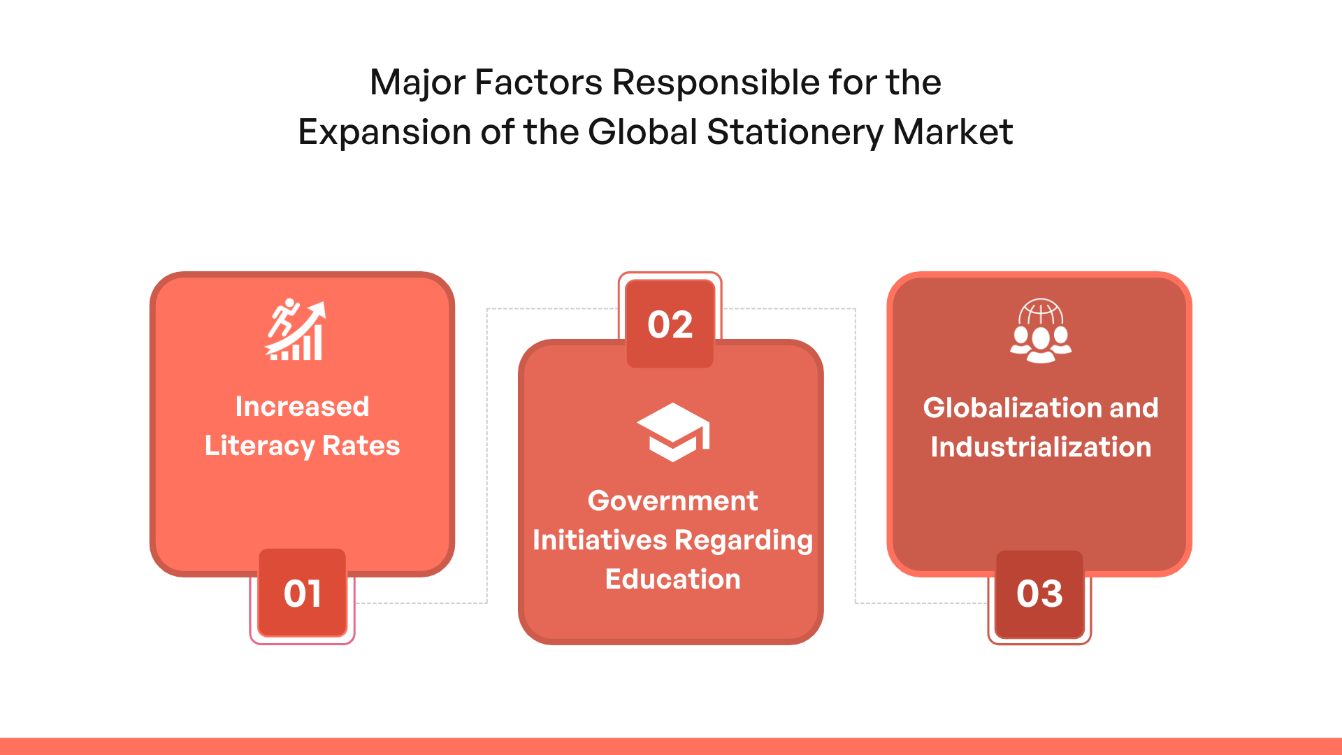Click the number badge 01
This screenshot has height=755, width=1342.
click(303, 593)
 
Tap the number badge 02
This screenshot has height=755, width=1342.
click(670, 324)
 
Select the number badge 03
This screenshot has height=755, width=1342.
click(1039, 594)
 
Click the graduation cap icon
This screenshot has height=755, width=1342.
click(673, 432)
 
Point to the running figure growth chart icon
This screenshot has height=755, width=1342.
click(295, 330)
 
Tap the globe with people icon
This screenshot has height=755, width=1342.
click(1041, 331)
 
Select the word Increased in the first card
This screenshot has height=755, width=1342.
click(302, 406)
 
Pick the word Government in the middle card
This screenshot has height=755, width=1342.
click(673, 501)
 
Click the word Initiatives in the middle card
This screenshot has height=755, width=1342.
click(600, 540)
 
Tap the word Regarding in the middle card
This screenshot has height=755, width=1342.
click(744, 540)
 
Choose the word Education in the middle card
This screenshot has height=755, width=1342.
click(673, 579)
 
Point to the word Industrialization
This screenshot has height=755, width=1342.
click(1041, 447)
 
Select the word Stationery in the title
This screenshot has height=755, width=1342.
click(795, 131)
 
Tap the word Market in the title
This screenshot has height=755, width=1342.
click(953, 131)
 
